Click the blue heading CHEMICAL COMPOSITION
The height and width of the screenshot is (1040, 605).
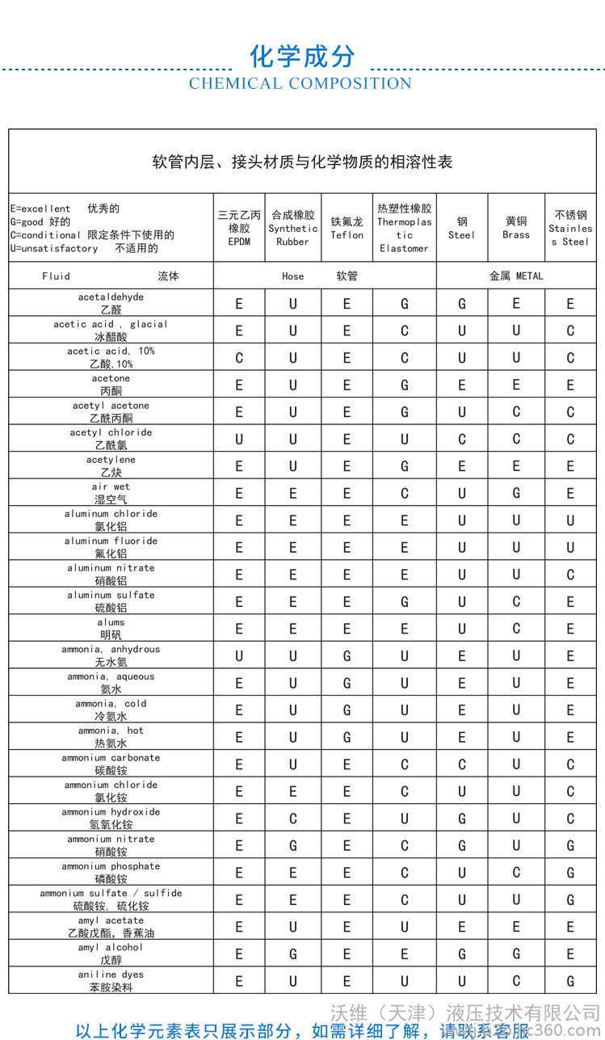coord(300,83)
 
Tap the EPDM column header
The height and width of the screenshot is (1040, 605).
coord(239,228)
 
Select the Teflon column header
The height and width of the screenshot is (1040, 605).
coord(347,228)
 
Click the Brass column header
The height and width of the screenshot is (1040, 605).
coord(516,228)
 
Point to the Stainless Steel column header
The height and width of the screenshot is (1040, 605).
coord(570,228)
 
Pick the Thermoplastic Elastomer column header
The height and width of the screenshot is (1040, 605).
coord(404,228)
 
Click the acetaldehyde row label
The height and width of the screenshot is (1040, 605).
coord(111,303)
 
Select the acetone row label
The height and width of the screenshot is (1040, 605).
coord(111,385)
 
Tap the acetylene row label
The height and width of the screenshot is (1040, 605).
coord(111,466)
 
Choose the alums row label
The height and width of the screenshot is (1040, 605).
coord(111,629)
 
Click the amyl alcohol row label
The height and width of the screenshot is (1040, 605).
coord(111,954)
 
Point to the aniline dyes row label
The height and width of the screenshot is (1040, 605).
coord(111,981)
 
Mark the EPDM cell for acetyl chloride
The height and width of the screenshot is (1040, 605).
coord(239,440)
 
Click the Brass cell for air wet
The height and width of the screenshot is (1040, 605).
coord(516,494)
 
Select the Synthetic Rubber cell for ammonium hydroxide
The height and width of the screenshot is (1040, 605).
coord(293,819)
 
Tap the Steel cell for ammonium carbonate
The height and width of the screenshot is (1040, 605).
coord(462,764)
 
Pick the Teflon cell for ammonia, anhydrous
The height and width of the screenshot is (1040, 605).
coord(347,656)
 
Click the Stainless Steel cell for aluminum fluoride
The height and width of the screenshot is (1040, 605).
coord(570,548)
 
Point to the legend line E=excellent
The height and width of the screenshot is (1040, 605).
coord(65,208)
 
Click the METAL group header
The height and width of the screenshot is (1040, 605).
coord(516,276)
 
